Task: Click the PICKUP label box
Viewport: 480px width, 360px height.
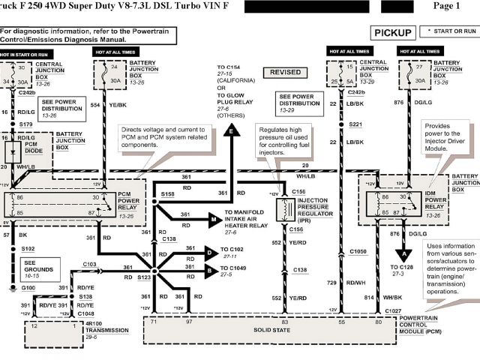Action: click(393, 32)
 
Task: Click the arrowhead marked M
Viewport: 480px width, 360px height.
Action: click(214, 219)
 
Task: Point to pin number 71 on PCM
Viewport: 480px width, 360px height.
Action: click(154, 322)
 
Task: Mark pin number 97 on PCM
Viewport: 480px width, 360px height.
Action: click(190, 322)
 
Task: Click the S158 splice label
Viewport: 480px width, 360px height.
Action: click(169, 193)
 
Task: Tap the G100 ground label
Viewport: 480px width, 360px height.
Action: click(28, 287)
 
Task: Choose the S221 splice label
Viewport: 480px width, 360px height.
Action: click(355, 124)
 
